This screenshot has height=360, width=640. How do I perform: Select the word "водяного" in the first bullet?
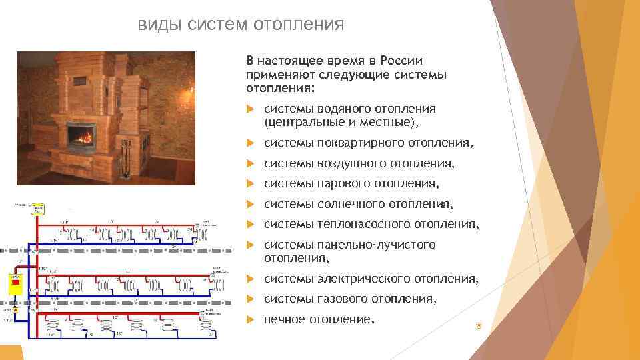coord(338,109)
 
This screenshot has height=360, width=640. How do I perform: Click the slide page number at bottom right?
coord(477,327)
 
